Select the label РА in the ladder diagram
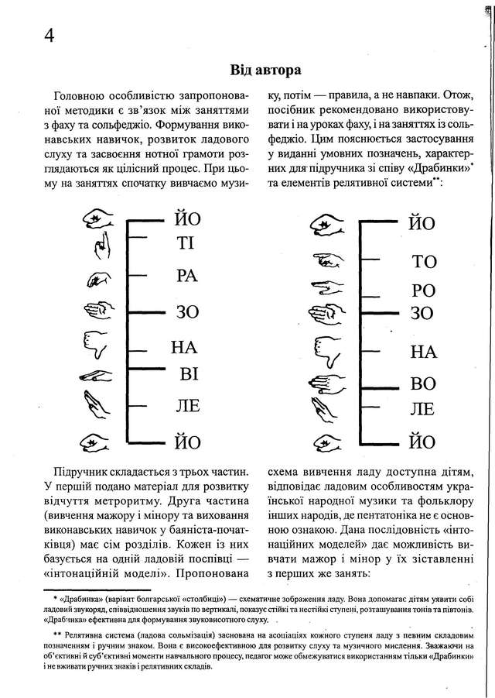(187, 277)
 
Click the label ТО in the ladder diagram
(424, 260)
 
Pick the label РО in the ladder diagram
(424, 291)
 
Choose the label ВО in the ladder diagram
(424, 383)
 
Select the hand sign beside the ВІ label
(97, 377)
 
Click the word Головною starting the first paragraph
(80, 96)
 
